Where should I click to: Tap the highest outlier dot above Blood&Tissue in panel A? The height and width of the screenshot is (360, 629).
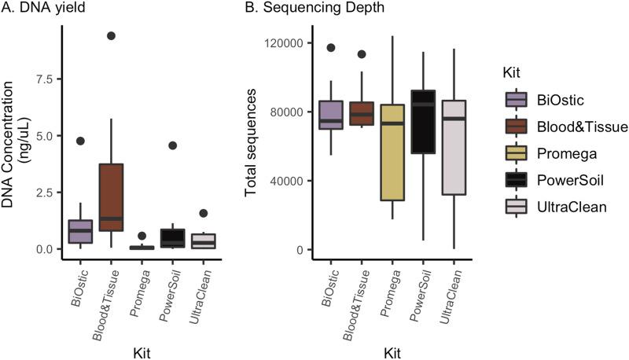tap(112, 36)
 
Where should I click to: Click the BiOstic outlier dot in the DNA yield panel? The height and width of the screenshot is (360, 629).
tap(79, 141)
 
